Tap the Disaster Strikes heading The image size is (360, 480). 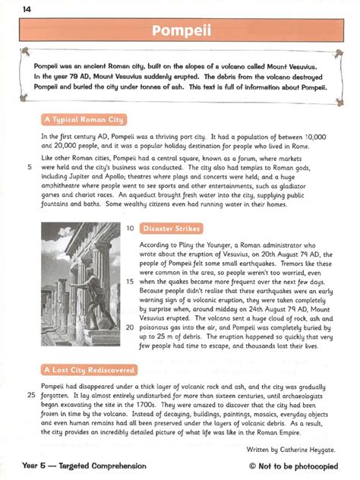pyautogui.click(x=171, y=227)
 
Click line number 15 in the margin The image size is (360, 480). pyautogui.click(x=129, y=280)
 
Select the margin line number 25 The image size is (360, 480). pyautogui.click(x=30, y=395)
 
